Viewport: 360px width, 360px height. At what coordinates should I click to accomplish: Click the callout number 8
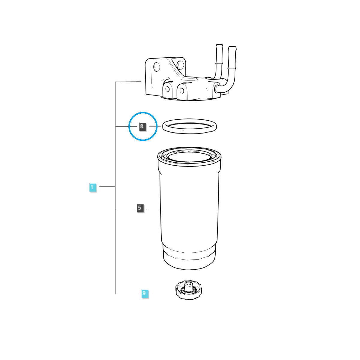click(x=142, y=127)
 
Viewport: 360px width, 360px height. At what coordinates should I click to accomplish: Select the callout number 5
click(x=139, y=208)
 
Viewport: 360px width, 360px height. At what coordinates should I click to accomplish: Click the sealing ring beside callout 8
click(x=189, y=132)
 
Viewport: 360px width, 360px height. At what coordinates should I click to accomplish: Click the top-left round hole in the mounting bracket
click(x=157, y=67)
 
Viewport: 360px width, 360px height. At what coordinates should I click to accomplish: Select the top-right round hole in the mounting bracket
click(x=180, y=65)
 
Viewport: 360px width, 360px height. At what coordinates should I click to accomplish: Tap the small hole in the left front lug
click(x=167, y=89)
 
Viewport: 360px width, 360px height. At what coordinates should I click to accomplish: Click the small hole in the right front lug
click(x=182, y=91)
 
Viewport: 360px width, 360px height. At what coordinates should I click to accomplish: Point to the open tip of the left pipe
click(x=219, y=45)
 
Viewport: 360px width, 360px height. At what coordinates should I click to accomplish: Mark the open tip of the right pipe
click(x=232, y=47)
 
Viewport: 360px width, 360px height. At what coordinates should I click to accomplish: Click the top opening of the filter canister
click(x=189, y=156)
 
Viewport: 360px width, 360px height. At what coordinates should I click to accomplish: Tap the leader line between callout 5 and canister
click(x=153, y=209)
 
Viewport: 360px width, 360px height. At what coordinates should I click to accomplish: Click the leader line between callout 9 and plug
click(x=162, y=294)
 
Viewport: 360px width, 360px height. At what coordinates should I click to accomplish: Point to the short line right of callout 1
click(x=107, y=186)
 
